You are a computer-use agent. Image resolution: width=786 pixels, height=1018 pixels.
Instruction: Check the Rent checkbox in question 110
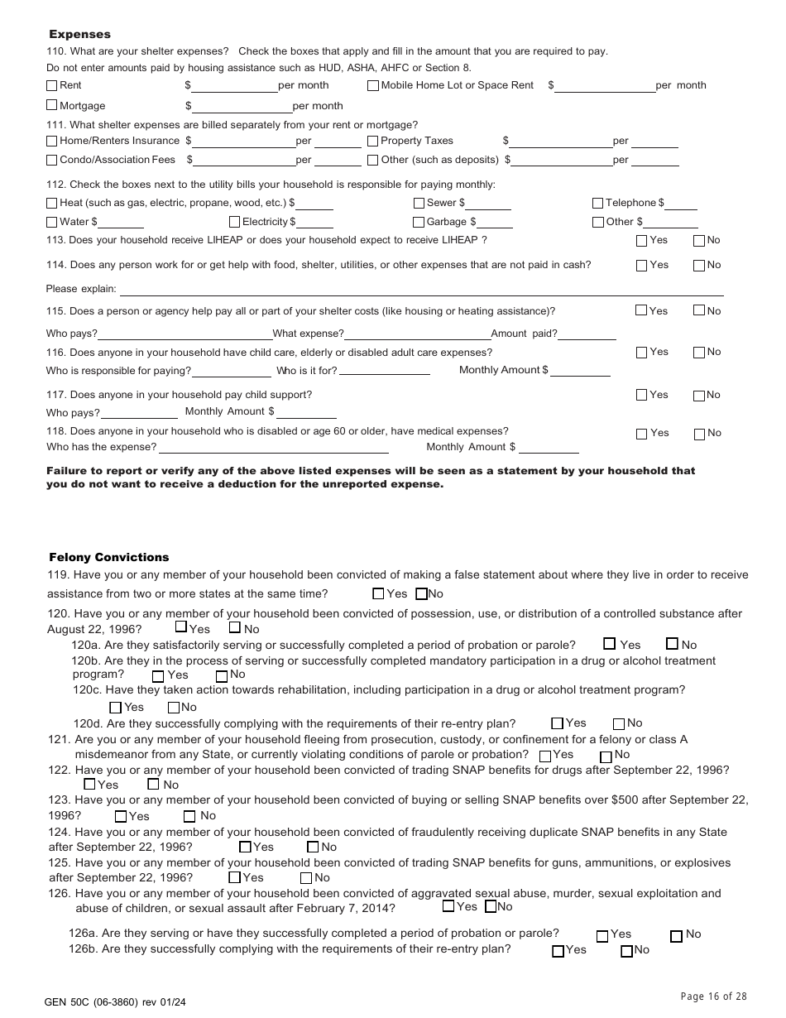52,85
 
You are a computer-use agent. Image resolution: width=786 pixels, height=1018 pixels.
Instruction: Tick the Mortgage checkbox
52,105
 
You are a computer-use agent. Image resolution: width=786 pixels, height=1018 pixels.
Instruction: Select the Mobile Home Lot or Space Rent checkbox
373,85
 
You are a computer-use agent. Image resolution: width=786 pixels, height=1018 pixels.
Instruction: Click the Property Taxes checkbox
373,141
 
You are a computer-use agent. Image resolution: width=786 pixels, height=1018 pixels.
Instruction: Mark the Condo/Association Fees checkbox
52,160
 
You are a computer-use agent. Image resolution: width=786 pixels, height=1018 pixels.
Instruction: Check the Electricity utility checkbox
235,222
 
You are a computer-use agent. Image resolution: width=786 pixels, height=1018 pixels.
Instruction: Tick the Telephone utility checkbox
597,203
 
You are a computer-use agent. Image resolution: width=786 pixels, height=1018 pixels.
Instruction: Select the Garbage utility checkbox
419,222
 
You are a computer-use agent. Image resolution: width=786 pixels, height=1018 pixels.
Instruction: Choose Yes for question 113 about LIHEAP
641,241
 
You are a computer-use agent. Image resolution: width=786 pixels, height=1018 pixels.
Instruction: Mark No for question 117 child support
699,396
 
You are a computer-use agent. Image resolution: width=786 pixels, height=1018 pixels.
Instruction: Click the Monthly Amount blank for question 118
549,447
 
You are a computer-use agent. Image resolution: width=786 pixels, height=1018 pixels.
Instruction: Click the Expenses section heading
79,34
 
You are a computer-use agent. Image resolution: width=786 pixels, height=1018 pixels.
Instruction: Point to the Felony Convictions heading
108,557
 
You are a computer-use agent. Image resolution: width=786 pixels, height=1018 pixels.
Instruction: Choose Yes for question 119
378,593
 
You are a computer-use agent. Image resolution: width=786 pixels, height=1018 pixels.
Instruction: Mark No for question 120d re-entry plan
619,723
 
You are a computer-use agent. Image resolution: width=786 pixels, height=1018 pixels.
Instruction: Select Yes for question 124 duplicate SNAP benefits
245,847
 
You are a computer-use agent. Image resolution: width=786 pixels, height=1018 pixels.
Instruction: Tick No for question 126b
626,951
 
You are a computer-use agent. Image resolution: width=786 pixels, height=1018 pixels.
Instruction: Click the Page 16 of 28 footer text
713,996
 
